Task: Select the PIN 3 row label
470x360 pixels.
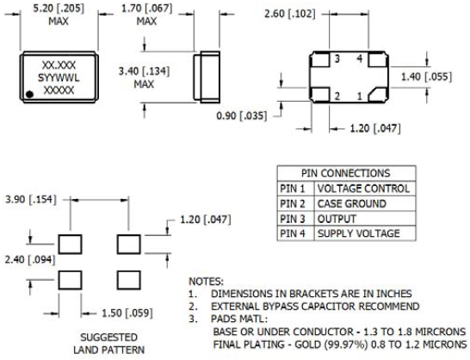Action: coord(293,219)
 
